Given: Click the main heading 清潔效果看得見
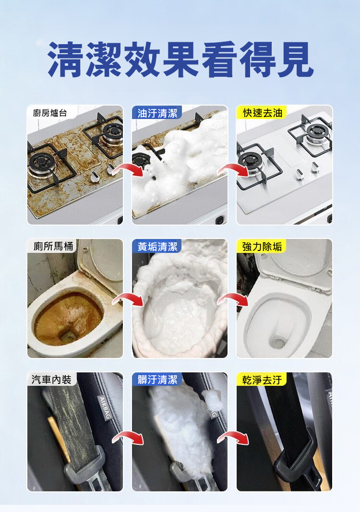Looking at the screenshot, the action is pos(180,60).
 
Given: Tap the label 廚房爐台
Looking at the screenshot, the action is pos(50,113).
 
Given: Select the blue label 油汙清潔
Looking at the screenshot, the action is pos(157,113).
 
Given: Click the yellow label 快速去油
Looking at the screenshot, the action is pos(262,113).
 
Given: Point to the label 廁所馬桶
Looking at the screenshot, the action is pos(52,246).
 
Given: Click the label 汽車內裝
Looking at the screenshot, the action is pos(52,380).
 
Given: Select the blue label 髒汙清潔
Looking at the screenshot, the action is pos(157,380).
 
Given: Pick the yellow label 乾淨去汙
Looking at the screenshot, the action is pos(262,380).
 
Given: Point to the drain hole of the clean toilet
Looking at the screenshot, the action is pos(278,342).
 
